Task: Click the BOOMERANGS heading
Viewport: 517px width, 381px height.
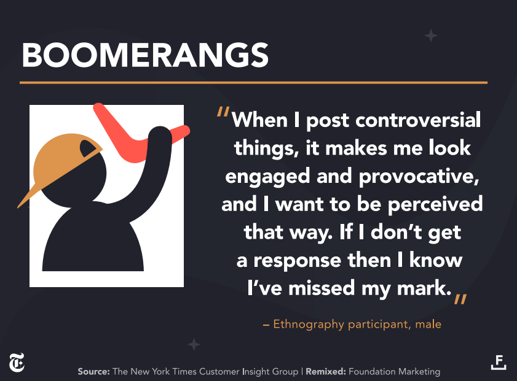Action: [145, 55]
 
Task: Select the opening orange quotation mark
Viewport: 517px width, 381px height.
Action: [223, 112]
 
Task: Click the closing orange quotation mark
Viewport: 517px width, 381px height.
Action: [460, 299]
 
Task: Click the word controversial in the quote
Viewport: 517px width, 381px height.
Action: [418, 120]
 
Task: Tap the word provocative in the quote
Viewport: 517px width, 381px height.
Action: [419, 177]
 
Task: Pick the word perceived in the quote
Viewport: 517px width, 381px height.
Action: [435, 204]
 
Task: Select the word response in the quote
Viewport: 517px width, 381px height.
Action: [297, 261]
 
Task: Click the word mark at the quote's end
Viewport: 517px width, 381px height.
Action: [424, 288]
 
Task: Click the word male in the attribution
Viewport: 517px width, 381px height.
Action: [428, 324]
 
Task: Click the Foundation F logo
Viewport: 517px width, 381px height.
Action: [499, 362]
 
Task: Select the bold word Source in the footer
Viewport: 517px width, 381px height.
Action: [93, 371]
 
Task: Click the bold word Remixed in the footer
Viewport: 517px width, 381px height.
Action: [326, 371]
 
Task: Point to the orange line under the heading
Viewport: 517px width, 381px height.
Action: [253, 83]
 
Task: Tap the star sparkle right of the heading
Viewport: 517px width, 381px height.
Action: [430, 36]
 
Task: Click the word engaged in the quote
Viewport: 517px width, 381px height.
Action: [268, 177]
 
